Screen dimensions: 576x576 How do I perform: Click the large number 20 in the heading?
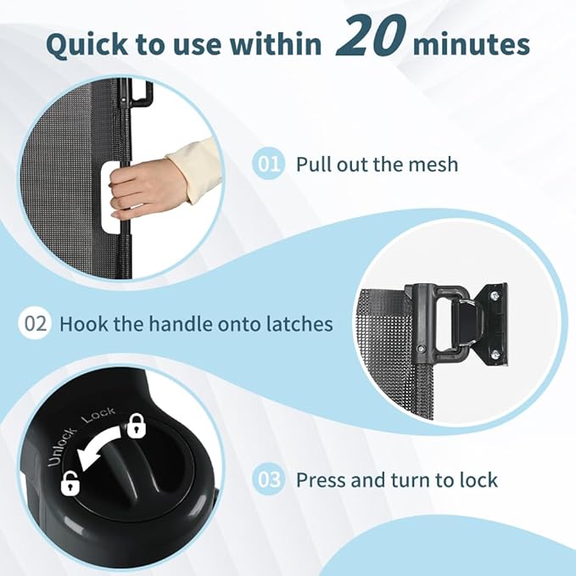(371, 36)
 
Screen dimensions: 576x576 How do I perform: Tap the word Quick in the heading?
(87, 45)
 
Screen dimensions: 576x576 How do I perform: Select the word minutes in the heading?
(472, 45)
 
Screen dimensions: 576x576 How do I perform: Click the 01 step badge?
(269, 164)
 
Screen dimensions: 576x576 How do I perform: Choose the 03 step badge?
(269, 480)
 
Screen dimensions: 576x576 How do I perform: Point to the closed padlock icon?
(137, 426)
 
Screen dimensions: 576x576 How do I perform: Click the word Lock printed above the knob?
(98, 416)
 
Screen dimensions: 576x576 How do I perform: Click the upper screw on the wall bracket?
(495, 295)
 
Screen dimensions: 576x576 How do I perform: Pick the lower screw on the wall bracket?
(495, 355)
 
